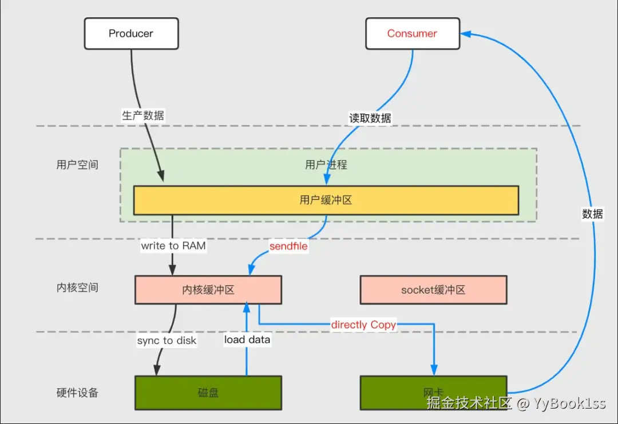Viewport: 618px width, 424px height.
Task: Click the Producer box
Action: coord(131,34)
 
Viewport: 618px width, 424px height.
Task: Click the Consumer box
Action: coord(413,34)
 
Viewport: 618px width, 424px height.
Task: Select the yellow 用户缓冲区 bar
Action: coord(326,201)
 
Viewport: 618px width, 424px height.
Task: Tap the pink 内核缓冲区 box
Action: coord(208,290)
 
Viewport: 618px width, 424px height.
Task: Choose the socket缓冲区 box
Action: coord(434,290)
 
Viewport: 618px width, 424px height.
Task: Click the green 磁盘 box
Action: coord(208,393)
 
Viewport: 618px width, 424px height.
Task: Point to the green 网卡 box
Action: coord(434,393)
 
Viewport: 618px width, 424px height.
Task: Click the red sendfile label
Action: coord(288,246)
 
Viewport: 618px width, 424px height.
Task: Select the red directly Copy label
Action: coord(363,325)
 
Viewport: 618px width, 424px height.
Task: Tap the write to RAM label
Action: coord(173,246)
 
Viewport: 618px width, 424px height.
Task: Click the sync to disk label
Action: coord(167,341)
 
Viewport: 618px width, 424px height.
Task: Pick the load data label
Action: coord(247,340)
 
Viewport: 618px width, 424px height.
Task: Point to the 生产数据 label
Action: coord(143,115)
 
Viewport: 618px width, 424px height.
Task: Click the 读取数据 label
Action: coord(370,118)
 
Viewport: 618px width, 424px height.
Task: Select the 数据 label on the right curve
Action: coord(592,214)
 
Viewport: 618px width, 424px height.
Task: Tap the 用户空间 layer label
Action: coord(77,165)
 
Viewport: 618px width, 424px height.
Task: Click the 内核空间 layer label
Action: coord(77,288)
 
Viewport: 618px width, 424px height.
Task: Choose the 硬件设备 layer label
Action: coord(77,393)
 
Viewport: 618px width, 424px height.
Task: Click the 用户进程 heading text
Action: coord(326,165)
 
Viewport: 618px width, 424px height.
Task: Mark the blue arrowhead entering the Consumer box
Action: coord(466,34)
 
